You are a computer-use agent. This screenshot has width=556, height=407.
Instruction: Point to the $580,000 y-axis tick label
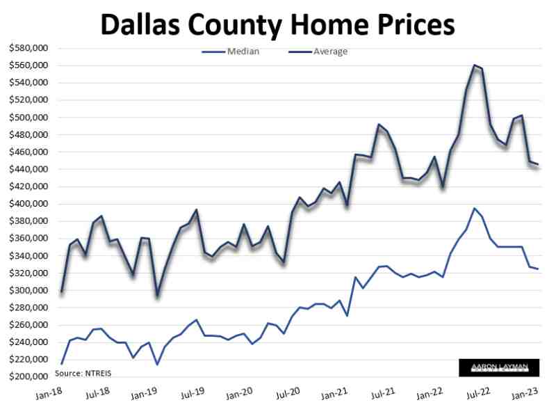click(x=28, y=48)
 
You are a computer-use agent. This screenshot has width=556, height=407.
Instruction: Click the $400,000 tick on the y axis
click(x=28, y=204)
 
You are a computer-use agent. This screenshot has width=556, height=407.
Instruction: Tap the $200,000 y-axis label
click(x=28, y=377)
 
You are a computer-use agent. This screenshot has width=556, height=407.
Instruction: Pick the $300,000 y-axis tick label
click(x=28, y=291)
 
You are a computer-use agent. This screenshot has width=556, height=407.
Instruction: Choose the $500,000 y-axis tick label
click(x=28, y=118)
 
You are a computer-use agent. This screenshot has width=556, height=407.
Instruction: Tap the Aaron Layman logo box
click(x=498, y=367)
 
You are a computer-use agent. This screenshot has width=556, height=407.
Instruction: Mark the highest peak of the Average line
click(x=474, y=65)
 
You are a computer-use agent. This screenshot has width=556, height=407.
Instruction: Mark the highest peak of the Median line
click(x=474, y=208)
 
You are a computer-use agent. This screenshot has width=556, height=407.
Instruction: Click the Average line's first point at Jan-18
click(x=61, y=291)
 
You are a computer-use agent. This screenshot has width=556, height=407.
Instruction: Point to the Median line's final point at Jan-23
click(x=537, y=269)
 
